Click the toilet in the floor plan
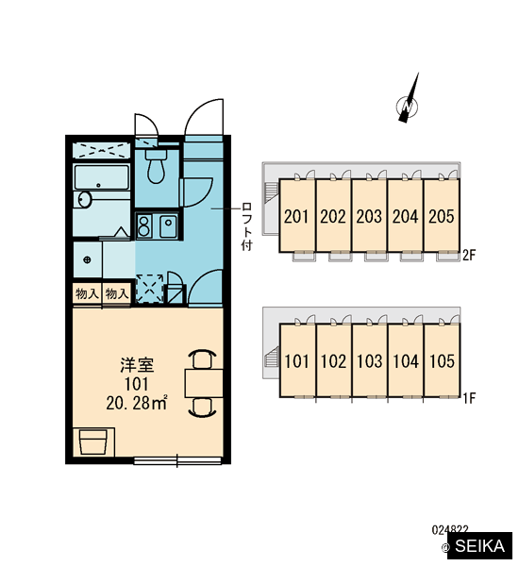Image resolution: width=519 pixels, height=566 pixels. (156, 165)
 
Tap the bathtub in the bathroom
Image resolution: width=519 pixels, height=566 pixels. (102, 177)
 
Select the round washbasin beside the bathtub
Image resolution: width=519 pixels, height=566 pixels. (85, 200)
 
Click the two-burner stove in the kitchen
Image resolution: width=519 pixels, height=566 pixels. (144, 226)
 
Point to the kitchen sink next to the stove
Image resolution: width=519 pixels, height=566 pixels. (168, 226)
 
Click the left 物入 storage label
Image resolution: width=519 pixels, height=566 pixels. (87, 293)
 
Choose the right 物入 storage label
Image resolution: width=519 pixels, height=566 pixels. (117, 293)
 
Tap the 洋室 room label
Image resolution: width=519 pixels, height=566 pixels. (137, 365)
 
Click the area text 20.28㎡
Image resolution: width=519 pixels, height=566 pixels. (137, 403)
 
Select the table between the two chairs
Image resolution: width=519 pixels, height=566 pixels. (204, 383)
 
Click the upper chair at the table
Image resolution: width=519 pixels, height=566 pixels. (203, 358)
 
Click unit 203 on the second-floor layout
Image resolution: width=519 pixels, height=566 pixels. (369, 217)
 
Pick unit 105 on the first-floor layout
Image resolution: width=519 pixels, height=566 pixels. (442, 361)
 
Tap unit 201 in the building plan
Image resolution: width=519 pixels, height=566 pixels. (296, 217)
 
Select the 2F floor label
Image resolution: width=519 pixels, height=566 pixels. (469, 256)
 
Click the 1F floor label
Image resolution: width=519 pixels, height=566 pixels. (469, 399)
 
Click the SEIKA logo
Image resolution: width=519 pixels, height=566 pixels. (479, 545)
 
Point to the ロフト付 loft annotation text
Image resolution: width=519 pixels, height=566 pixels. (247, 226)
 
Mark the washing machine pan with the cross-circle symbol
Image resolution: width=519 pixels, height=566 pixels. (88, 260)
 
